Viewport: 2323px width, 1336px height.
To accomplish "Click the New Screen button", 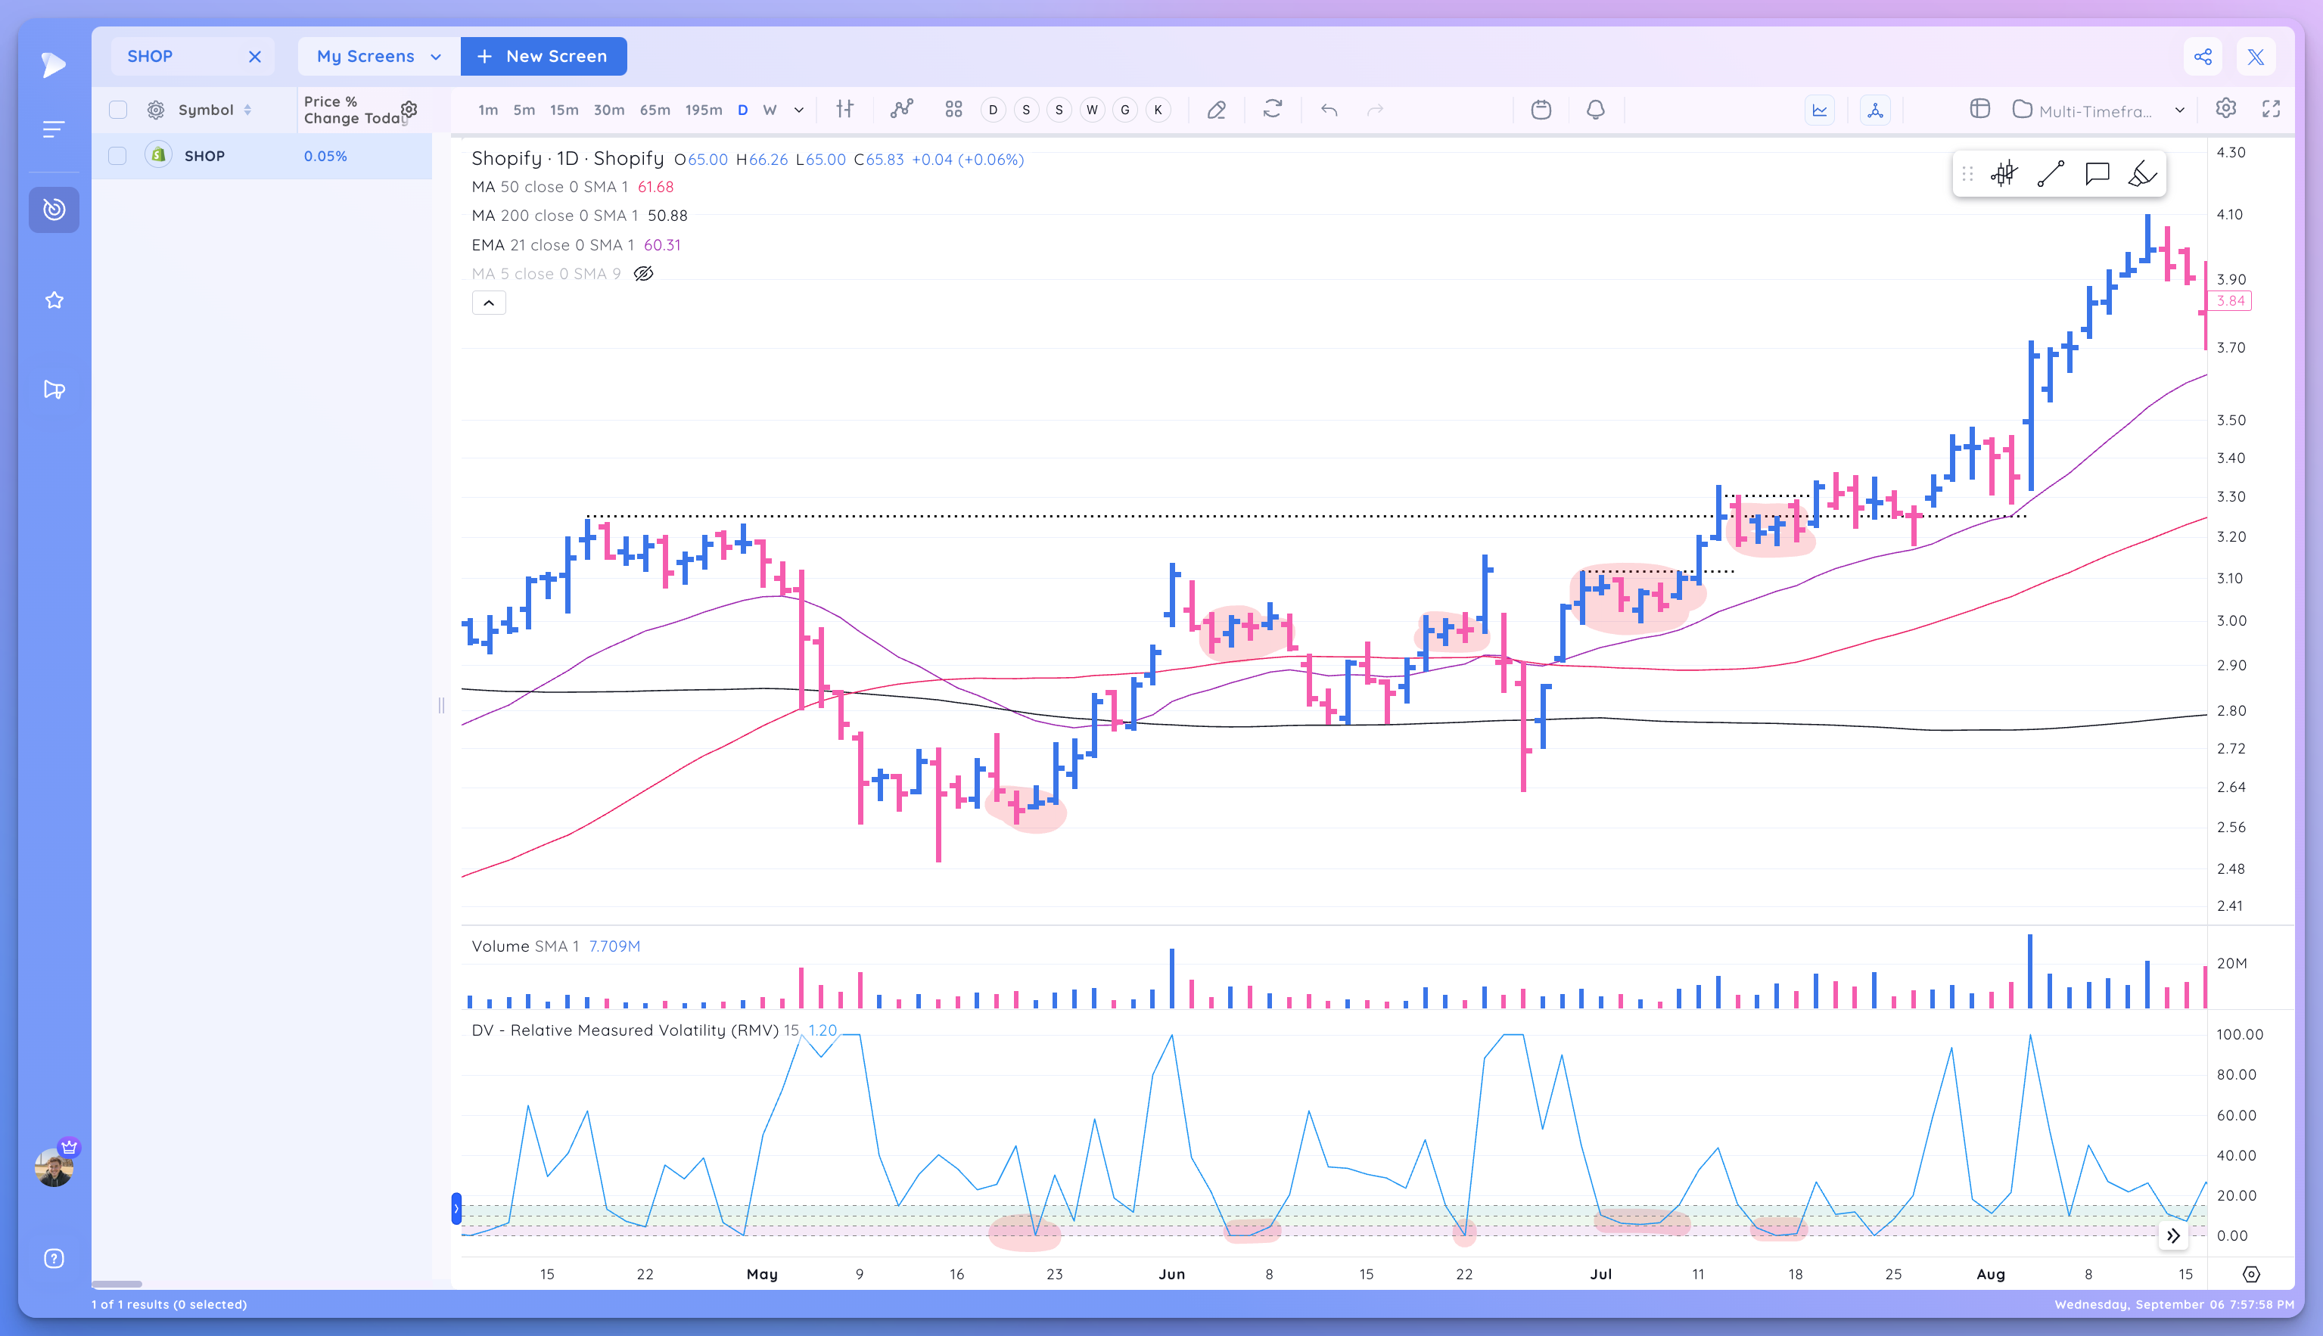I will [543, 56].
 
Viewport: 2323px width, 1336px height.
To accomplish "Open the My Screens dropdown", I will [378, 56].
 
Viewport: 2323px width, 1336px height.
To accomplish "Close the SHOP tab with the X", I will [254, 57].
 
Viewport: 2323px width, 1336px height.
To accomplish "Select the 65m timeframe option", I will [655, 110].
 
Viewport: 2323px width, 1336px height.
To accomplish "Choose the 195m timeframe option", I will [703, 110].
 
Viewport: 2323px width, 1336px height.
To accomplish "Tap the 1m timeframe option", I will [487, 110].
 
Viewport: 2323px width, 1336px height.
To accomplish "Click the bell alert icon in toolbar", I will [1595, 110].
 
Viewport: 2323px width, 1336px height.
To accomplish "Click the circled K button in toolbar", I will [1158, 110].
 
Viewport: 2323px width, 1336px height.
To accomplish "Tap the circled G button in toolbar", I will [1125, 110].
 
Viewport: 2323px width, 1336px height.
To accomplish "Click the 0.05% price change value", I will [325, 156].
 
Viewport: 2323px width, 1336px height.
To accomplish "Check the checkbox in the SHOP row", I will [117, 156].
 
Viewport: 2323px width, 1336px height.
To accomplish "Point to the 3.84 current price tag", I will [2229, 301].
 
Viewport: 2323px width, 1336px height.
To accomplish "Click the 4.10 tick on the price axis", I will [2229, 215].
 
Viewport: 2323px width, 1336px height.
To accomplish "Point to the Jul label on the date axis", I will [1600, 1274].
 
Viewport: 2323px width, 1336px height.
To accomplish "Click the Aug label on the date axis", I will [1990, 1274].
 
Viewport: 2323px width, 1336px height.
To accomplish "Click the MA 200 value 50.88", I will [667, 216].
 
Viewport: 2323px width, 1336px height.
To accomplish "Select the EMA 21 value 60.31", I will [662, 245].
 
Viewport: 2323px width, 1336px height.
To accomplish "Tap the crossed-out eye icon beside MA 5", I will [643, 273].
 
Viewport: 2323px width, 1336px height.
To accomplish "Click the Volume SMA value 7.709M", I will [614, 946].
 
